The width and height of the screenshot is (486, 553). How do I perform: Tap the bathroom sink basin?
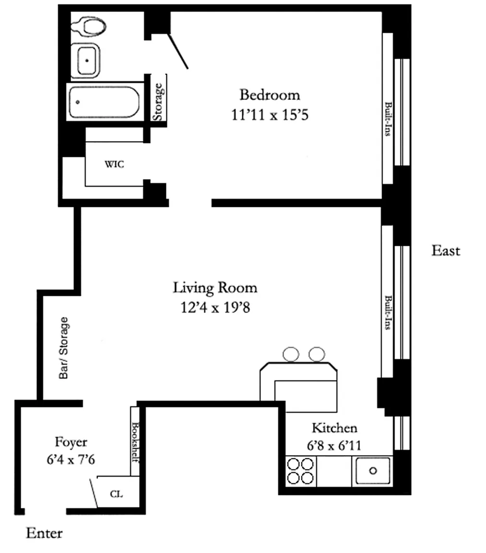[x=86, y=60]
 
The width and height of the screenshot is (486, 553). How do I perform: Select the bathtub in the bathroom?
[x=104, y=102]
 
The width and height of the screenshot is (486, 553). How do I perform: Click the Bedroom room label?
[x=270, y=95]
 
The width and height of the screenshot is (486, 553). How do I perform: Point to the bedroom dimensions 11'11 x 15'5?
[x=270, y=115]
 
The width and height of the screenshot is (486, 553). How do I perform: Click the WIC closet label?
[x=114, y=164]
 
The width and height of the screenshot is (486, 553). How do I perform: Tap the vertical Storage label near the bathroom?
[x=158, y=102]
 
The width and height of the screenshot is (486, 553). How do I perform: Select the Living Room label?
[x=215, y=288]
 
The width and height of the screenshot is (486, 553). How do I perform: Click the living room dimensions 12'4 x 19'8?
[x=215, y=308]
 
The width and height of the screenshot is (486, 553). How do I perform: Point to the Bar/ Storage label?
[x=64, y=348]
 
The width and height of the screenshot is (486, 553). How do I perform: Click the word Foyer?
[x=71, y=442]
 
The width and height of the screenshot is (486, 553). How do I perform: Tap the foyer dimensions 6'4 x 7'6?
[x=71, y=459]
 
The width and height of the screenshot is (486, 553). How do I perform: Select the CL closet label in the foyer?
[x=116, y=494]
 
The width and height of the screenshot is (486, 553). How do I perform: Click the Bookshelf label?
[x=135, y=442]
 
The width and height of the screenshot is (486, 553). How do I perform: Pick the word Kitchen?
[x=334, y=428]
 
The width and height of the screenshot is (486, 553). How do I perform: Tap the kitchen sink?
[x=373, y=471]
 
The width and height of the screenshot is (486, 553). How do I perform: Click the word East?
[x=446, y=251]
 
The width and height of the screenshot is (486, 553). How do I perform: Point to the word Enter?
[x=45, y=533]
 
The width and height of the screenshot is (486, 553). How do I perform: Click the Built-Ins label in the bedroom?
[x=388, y=119]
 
